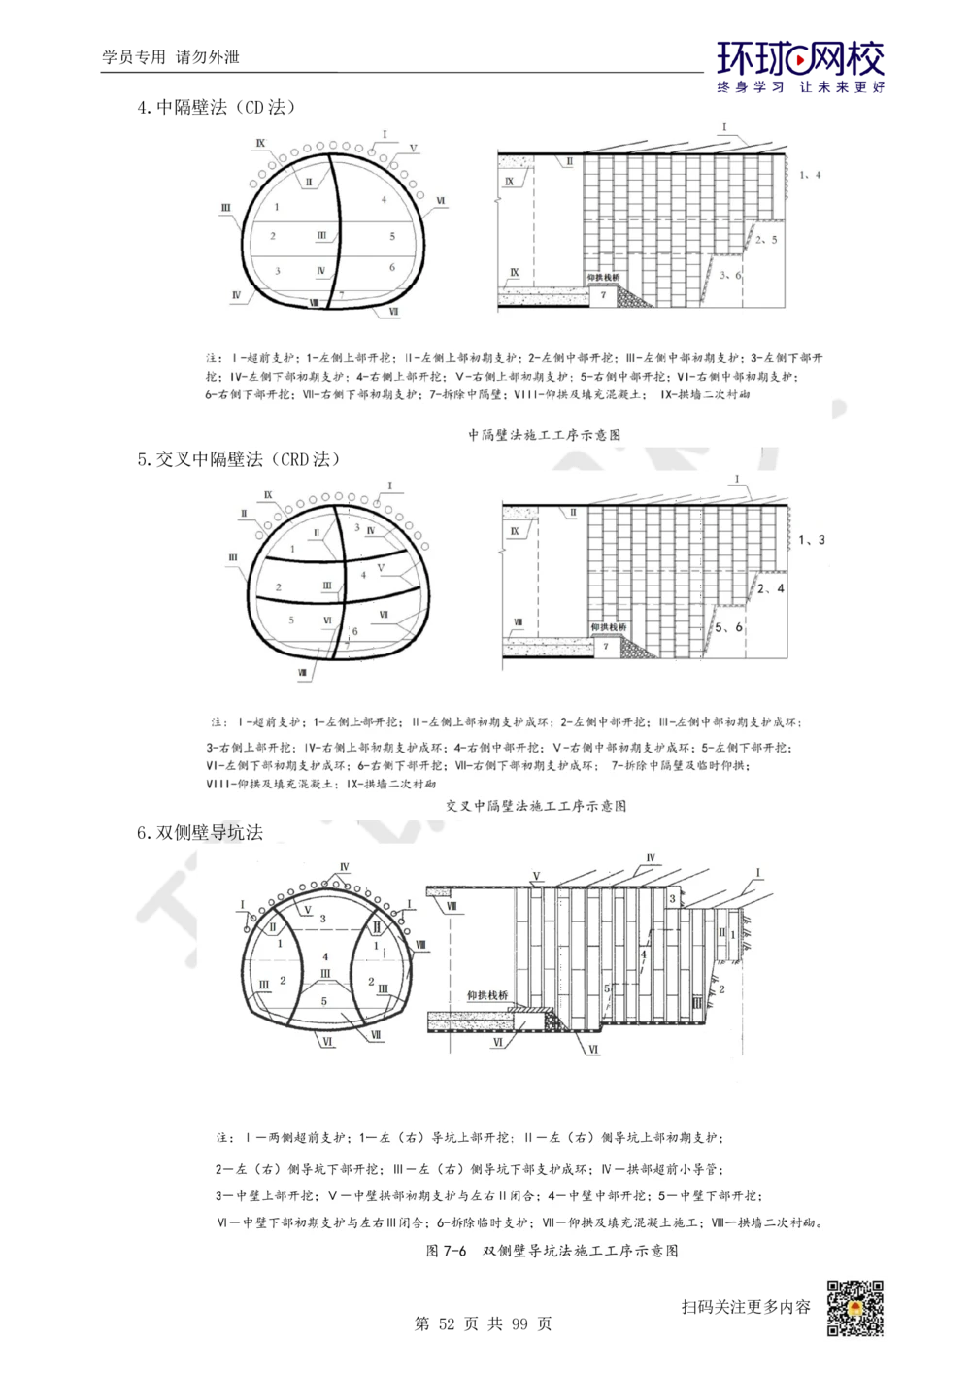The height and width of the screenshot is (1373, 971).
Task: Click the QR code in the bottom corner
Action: tap(854, 1310)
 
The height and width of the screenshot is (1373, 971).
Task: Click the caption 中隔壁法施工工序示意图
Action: tap(544, 436)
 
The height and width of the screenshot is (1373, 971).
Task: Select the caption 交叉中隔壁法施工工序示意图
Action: tap(535, 806)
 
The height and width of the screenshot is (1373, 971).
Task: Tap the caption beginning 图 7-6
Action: tap(552, 1251)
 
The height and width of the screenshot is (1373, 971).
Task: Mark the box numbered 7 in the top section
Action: tap(603, 294)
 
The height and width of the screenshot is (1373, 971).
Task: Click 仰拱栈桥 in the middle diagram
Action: tap(609, 627)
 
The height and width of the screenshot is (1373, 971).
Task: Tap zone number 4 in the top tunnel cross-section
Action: tap(384, 199)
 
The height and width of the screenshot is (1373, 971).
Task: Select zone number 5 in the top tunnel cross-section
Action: tap(391, 236)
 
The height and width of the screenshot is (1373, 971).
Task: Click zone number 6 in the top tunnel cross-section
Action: tap(391, 266)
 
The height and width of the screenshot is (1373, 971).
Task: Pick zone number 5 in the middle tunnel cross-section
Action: tap(290, 620)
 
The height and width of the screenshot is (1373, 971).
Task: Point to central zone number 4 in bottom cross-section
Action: tap(324, 956)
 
